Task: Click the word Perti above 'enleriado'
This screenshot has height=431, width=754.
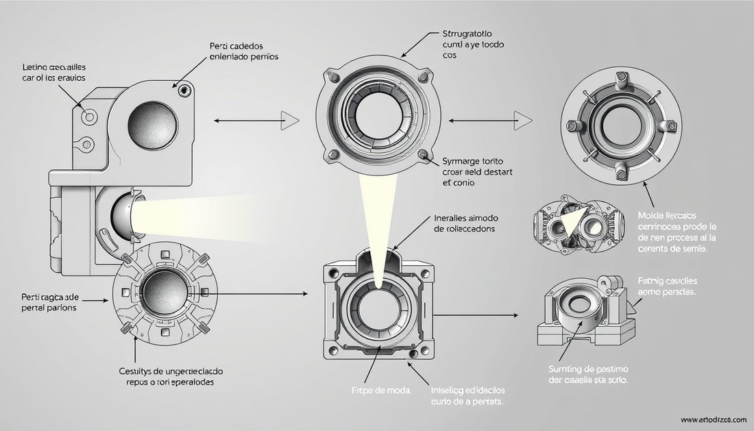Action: [x=222, y=46]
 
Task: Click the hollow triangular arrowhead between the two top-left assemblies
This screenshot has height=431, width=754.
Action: [x=291, y=121]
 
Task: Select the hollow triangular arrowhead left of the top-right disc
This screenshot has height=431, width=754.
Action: [x=524, y=121]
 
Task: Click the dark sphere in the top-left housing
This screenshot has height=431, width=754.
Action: [x=153, y=123]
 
